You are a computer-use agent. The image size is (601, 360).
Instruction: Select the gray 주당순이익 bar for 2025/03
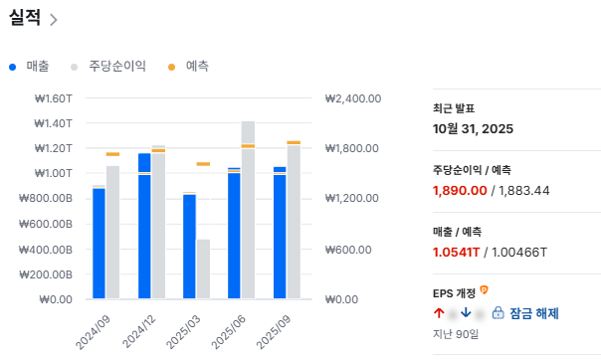click(x=203, y=269)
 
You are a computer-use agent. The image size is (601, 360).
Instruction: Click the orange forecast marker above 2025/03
click(x=203, y=164)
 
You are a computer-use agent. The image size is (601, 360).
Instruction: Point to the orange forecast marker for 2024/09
click(x=112, y=154)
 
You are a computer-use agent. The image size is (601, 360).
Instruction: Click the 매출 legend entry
click(x=37, y=67)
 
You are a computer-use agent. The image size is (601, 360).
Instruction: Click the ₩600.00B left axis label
click(x=47, y=224)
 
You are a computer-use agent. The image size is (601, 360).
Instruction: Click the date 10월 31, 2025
click(x=474, y=128)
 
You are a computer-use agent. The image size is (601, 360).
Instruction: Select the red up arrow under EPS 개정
click(x=439, y=313)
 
